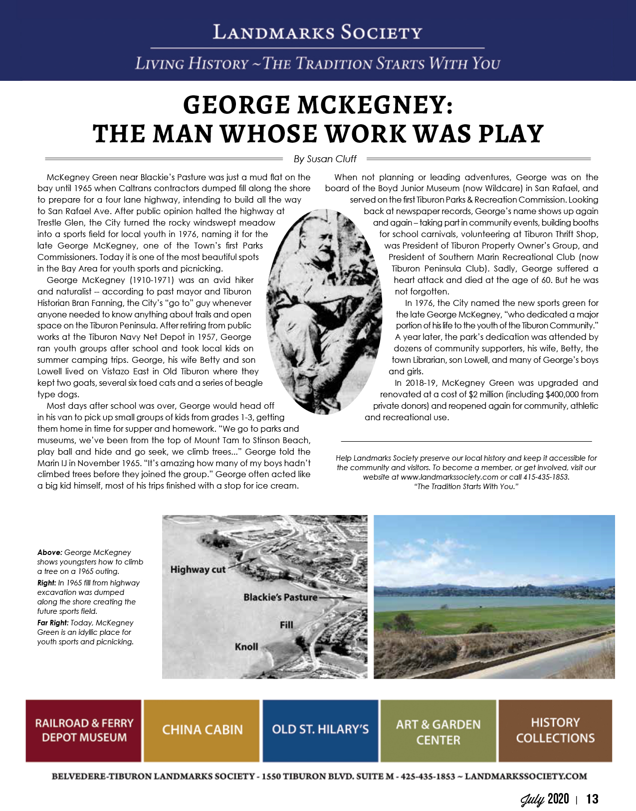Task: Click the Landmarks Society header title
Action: click(318, 32)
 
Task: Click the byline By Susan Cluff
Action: click(325, 159)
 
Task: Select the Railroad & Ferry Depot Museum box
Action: click(84, 730)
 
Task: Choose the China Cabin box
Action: click(202, 730)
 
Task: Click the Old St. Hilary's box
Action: click(320, 730)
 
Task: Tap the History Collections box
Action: click(555, 730)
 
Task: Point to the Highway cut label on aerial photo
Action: click(198, 569)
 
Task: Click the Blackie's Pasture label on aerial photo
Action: click(280, 597)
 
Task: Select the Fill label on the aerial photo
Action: click(286, 625)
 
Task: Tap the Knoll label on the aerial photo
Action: click(246, 647)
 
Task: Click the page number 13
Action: click(592, 799)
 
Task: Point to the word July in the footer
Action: click(533, 800)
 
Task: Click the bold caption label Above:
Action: click(50, 552)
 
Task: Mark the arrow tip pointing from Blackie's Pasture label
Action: click(350, 597)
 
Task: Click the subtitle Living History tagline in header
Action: click(318, 64)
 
